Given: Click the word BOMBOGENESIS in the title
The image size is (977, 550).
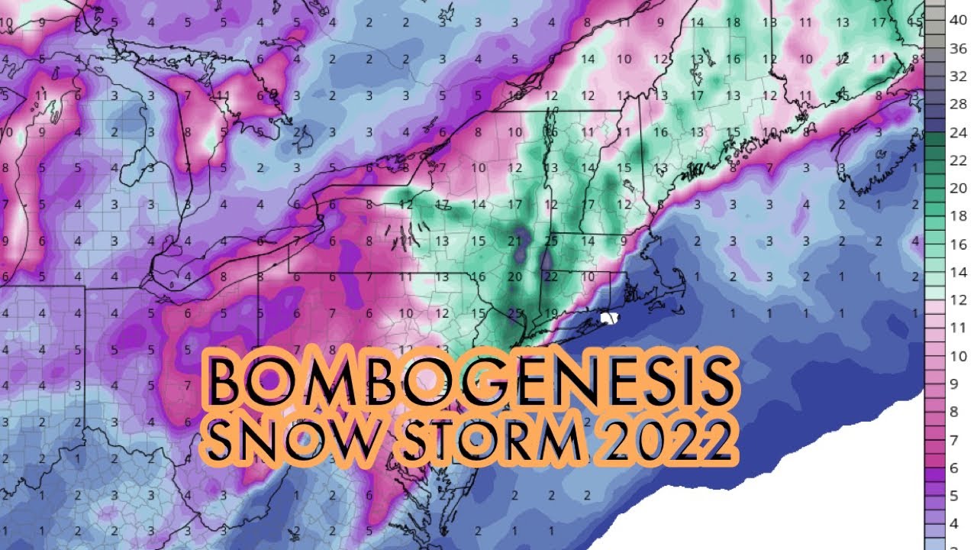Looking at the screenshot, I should click(x=472, y=380).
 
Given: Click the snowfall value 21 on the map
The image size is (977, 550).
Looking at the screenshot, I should click(x=514, y=241).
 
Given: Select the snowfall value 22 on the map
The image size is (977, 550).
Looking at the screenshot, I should click(x=551, y=277).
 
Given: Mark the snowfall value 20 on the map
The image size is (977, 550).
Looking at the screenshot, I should click(x=514, y=277).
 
